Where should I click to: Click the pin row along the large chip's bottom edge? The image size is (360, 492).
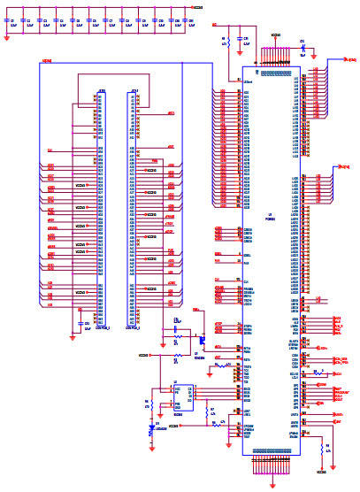[x=272, y=451]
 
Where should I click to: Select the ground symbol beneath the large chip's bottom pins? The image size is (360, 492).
[x=272, y=478]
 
